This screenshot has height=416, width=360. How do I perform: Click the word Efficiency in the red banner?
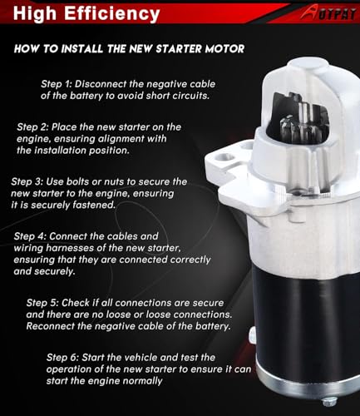pyautogui.click(x=112, y=14)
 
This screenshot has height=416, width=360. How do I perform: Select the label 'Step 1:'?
pyautogui.click(x=57, y=84)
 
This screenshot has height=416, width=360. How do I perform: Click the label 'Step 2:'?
pyautogui.click(x=32, y=127)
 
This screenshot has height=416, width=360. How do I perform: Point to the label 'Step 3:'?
pyautogui.click(x=27, y=181)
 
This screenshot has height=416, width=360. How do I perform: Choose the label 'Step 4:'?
pyautogui.click(x=30, y=236)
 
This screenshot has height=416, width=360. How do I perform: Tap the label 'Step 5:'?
pyautogui.click(x=42, y=303)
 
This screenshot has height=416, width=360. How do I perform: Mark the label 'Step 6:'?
pyautogui.click(x=62, y=357)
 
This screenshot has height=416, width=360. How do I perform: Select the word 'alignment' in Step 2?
pyautogui.click(x=121, y=139)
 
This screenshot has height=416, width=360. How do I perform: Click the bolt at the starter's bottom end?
pyautogui.click(x=329, y=402)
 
